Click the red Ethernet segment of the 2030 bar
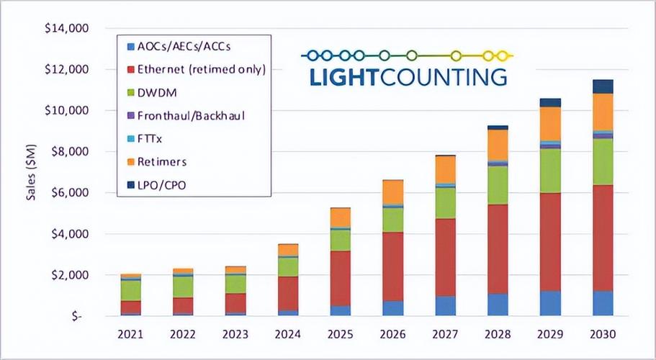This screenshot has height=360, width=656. coord(602,238)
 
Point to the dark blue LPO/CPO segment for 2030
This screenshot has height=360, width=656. coord(602,86)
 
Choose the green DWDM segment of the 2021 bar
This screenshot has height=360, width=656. coord(131,289)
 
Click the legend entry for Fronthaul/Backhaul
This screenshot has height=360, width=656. coord(189,115)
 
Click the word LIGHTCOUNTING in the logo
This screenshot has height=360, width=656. coord(408,76)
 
